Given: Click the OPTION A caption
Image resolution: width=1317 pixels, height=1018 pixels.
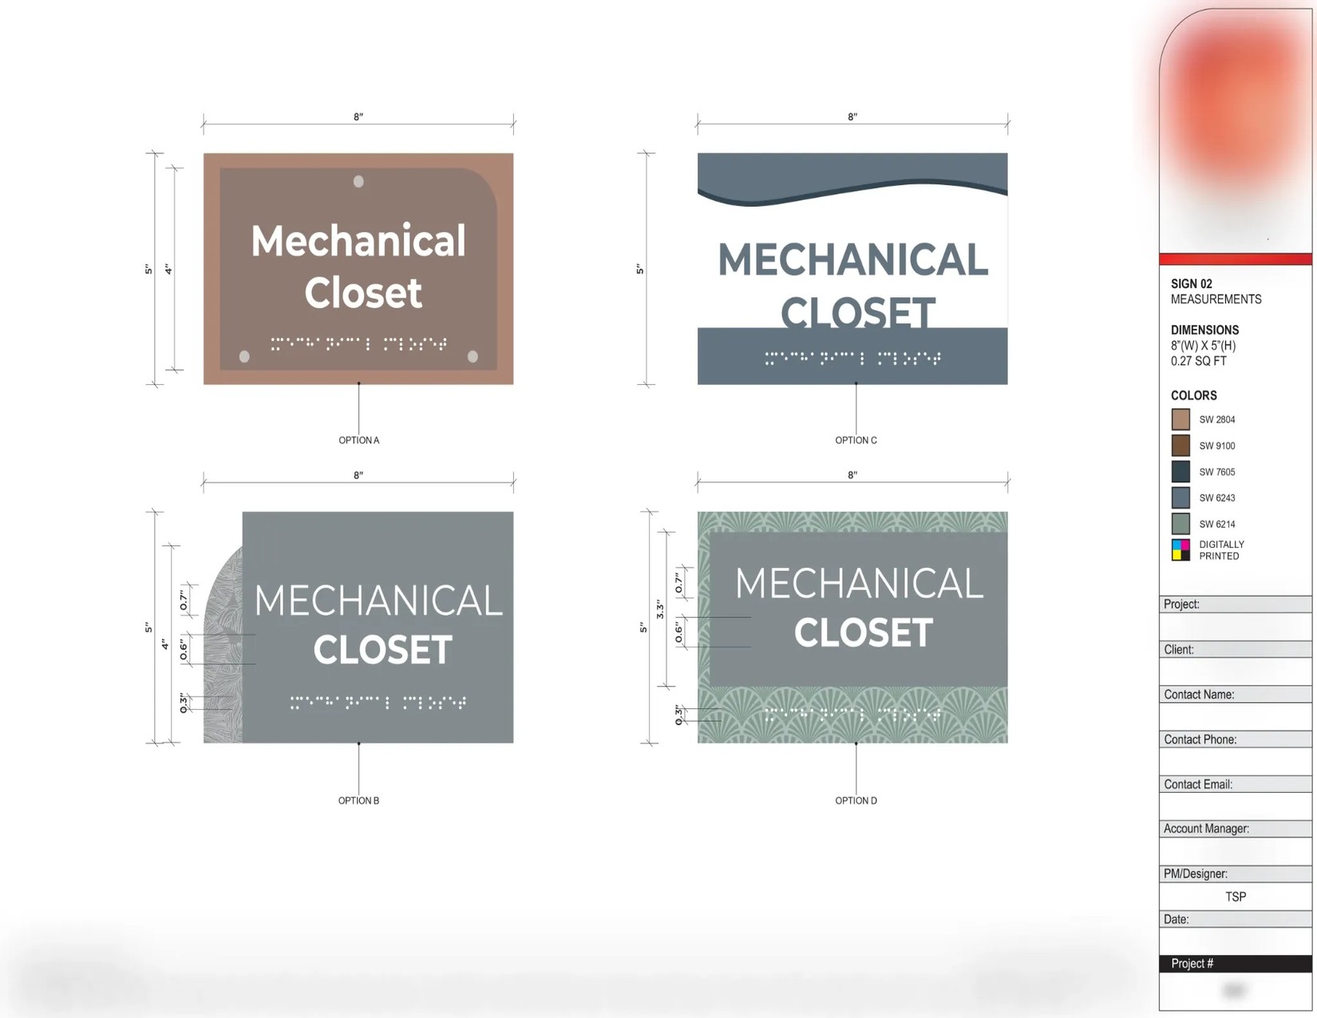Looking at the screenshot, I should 358,440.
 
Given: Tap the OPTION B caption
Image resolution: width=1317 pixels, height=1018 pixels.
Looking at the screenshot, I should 358,800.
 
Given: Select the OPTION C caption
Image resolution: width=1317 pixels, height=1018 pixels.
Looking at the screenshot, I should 856,440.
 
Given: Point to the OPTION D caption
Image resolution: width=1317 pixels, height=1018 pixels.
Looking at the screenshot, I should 856,800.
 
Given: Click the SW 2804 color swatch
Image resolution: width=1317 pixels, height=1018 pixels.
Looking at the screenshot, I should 1181,419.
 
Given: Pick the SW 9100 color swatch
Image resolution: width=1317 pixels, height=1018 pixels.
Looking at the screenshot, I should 1181,446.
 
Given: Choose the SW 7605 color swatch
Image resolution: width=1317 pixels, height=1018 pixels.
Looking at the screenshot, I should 1181,472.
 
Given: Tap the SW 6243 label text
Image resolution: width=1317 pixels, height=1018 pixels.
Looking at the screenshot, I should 1216,498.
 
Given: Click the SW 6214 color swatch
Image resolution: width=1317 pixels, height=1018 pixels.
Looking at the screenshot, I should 1181,524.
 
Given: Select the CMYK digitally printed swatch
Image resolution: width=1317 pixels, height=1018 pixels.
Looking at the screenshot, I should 1181,550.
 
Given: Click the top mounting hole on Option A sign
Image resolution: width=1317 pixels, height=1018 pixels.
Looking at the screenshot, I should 358,181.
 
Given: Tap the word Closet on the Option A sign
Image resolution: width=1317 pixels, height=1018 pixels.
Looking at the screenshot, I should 363,293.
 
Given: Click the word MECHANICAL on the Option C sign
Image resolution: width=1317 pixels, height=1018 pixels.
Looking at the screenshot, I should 852,260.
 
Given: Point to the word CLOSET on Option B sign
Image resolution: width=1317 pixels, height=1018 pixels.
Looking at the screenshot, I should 382,650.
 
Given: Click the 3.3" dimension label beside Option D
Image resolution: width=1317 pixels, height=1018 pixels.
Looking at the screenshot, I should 660,610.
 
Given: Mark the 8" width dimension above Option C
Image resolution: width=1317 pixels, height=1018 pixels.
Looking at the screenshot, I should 852,117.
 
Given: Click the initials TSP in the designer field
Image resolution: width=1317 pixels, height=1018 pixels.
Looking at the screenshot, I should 1235,897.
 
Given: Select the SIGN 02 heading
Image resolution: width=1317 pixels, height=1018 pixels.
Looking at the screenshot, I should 1191,283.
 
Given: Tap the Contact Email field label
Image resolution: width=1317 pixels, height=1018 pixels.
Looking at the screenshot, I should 1198,784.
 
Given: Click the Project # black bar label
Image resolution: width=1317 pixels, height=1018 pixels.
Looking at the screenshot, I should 1192,964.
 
